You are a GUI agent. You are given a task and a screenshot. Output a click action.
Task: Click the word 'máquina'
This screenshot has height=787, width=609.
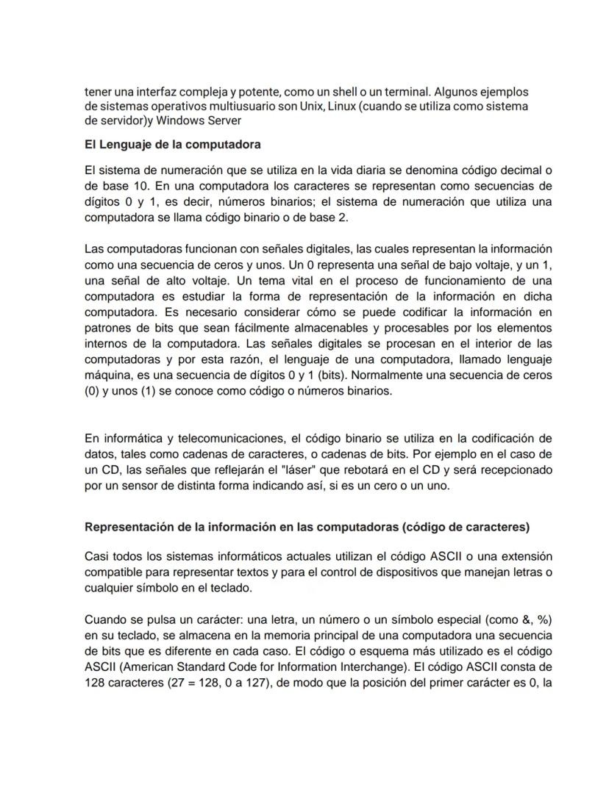point(108,375)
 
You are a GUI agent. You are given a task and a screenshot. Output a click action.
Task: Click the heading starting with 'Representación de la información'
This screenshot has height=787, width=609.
point(307,527)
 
